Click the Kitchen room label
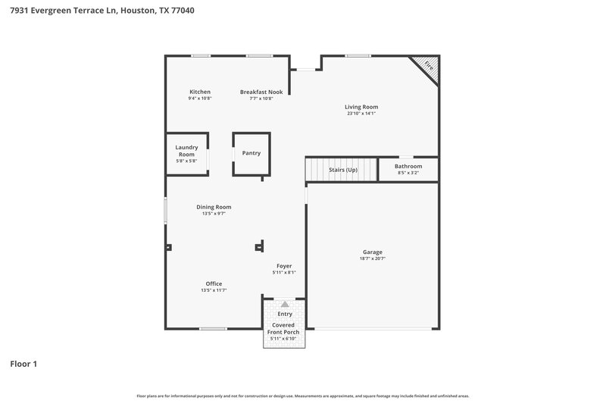pos(200,92)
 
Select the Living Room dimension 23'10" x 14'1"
pos(361,114)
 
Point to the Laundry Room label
pos(186,150)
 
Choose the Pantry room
pos(251,153)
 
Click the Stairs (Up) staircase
pos(342,170)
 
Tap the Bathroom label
pos(408,166)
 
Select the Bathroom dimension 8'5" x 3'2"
pos(408,173)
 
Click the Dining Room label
pos(214,207)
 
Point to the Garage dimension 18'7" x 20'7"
pos(372,258)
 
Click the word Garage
pos(372,252)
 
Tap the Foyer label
pos(284,266)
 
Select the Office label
pos(214,283)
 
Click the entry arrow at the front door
pos(285,303)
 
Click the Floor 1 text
pos(23,364)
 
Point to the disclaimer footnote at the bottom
pos(302,396)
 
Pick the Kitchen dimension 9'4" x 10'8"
pos(200,99)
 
